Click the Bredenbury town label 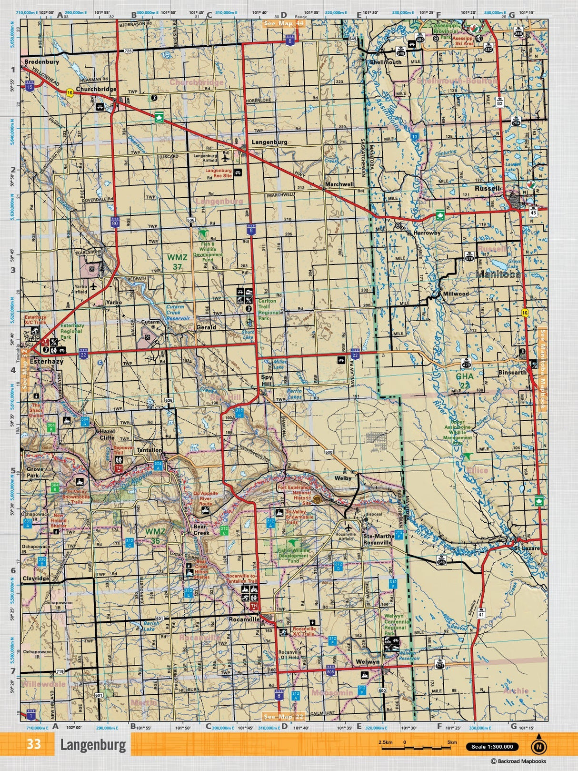pyautogui.click(x=41, y=61)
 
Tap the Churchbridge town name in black pyautogui.click(x=96, y=89)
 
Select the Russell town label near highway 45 pyautogui.click(x=488, y=188)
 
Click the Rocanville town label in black pyautogui.click(x=244, y=619)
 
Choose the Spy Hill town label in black pyautogui.click(x=267, y=380)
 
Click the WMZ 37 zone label pyautogui.click(x=177, y=262)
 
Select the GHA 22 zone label pyautogui.click(x=464, y=380)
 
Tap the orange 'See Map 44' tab pyautogui.click(x=284, y=23)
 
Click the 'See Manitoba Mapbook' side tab pyautogui.click(x=543, y=369)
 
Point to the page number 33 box pyautogui.click(x=33, y=744)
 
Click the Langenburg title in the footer pyautogui.click(x=93, y=745)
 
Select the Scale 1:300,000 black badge pyautogui.click(x=492, y=747)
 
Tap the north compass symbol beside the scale pyautogui.click(x=538, y=746)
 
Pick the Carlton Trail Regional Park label pyautogui.click(x=267, y=309)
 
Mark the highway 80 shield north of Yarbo pyautogui.click(x=115, y=222)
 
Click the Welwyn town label pyautogui.click(x=368, y=662)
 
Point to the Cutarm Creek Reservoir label pyautogui.click(x=178, y=313)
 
